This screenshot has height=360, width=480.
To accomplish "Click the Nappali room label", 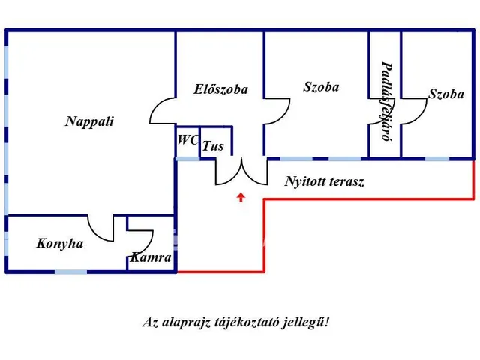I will [89, 121].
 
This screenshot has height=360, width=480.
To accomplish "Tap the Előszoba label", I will [220, 89].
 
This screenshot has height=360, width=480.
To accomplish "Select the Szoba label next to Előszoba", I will [321, 87].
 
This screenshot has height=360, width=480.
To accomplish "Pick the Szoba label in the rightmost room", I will [446, 94].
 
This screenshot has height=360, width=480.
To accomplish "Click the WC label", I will [187, 140].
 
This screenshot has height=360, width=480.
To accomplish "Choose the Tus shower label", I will [214, 146].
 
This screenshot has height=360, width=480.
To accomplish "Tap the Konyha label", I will [59, 244].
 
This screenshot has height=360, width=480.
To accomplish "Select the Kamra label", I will [151, 257].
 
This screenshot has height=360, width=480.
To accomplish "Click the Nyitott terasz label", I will [325, 181].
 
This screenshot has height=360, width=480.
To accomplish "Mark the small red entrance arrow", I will [241, 198].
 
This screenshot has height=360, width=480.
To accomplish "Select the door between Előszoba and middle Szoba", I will [277, 112].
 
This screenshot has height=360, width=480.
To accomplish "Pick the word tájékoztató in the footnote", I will [248, 322].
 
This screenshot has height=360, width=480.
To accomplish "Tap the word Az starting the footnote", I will [150, 322].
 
